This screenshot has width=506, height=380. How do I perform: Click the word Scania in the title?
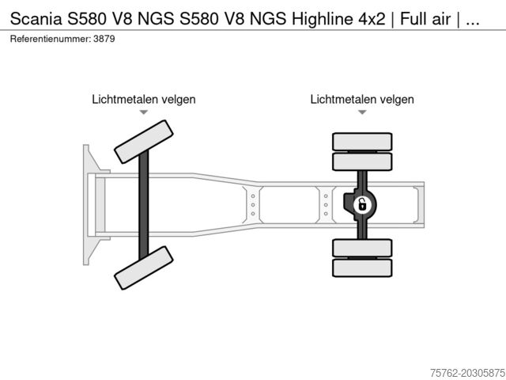(36, 19)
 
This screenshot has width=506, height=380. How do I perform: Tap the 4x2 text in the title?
(372, 19)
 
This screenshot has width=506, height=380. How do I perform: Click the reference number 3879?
(104, 39)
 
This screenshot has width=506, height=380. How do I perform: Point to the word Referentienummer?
(51, 39)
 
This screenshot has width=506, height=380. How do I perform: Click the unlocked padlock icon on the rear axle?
(362, 205)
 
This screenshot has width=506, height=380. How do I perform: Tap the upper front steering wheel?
(144, 142)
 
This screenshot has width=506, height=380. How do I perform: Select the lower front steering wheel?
(144, 268)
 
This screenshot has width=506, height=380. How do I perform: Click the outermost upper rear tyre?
(362, 142)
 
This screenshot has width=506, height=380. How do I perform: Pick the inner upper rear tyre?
(362, 161)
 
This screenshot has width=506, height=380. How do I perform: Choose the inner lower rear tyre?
(362, 248)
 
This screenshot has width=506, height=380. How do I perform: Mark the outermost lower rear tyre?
(362, 268)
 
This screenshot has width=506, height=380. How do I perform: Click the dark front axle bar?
(144, 205)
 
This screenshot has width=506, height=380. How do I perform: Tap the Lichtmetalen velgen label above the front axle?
(144, 99)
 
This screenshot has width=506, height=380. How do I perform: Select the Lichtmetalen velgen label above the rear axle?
(362, 99)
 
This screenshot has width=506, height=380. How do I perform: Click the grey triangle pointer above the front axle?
(144, 112)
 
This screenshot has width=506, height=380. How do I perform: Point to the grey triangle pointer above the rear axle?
(362, 112)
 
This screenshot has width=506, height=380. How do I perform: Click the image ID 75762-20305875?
(468, 373)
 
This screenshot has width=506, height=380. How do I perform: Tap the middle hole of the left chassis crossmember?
(253, 205)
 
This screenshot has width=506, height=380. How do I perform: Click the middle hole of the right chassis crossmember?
(326, 205)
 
